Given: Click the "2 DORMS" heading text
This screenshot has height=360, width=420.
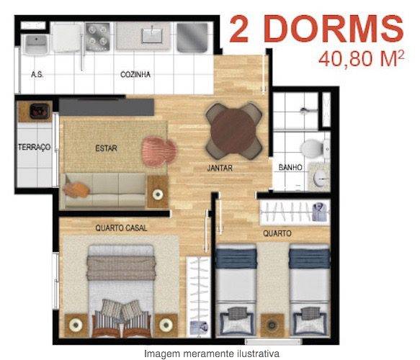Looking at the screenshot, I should coord(316,29).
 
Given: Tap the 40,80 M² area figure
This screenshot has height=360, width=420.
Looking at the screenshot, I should coord(358,59).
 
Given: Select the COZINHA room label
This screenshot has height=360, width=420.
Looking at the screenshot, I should coord(135,74).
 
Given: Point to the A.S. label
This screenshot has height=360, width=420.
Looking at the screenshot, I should coord(37,74).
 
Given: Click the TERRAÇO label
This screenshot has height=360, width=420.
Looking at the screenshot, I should coord(34,147).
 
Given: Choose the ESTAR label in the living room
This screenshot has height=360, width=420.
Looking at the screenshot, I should coord(106,149).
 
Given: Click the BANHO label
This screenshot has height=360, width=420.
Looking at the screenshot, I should coord(290,168).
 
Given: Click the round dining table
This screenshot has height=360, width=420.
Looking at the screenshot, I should coord(233,130).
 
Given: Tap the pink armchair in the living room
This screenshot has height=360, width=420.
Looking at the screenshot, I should coord(158,150).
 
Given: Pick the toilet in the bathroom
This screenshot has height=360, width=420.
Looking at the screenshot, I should coord(311,148).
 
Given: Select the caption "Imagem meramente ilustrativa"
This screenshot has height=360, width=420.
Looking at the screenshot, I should coord(211,354).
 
